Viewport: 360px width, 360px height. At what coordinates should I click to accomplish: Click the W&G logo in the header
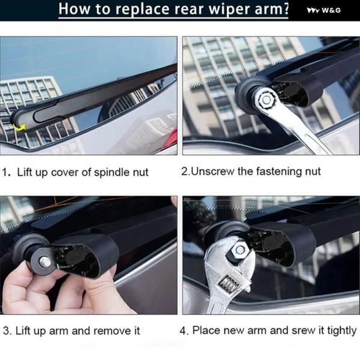[324, 10]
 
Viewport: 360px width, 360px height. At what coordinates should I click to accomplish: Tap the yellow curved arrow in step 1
[19, 127]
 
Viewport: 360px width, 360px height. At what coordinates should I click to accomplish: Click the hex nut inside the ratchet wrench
[266, 100]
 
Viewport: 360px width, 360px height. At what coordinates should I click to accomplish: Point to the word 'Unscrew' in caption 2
[212, 172]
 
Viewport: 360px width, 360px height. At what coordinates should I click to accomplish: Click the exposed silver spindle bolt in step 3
[45, 262]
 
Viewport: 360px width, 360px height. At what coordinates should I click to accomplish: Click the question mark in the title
[286, 9]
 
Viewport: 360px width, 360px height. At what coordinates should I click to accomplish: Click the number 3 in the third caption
[6, 331]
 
